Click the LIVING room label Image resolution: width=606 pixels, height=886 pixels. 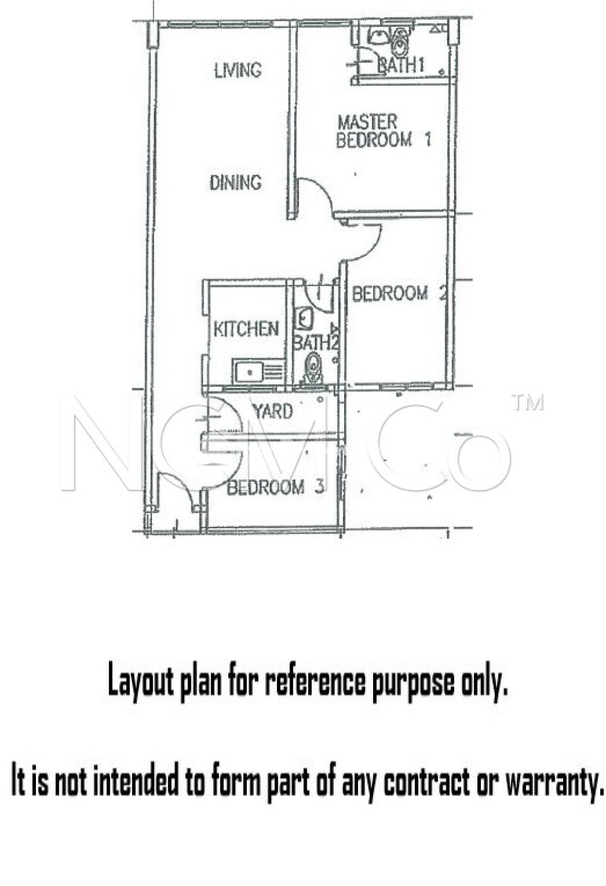(238, 70)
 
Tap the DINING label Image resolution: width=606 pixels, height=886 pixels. (235, 183)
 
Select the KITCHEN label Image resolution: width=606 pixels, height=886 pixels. (246, 329)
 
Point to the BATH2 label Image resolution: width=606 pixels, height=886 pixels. (316, 343)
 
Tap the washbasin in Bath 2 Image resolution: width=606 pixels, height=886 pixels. (304, 319)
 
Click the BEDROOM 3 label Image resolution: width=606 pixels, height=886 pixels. (275, 488)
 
